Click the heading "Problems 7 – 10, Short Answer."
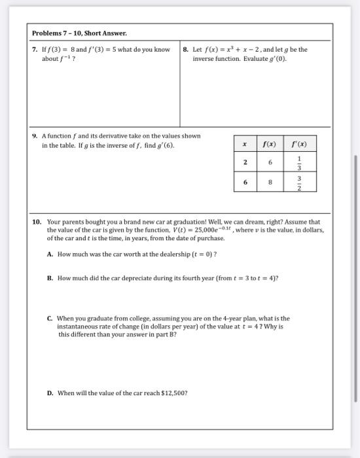tap(79, 33)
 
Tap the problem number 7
tap(35, 50)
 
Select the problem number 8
tap(186, 50)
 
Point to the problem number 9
tap(35, 136)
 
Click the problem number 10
tap(37, 222)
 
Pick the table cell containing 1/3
tap(300, 162)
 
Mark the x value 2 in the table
tap(245, 162)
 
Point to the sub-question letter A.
tap(50, 254)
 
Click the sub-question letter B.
tap(50, 278)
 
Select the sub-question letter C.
tap(50, 318)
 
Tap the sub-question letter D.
tap(50, 393)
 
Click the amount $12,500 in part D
tap(171, 393)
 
